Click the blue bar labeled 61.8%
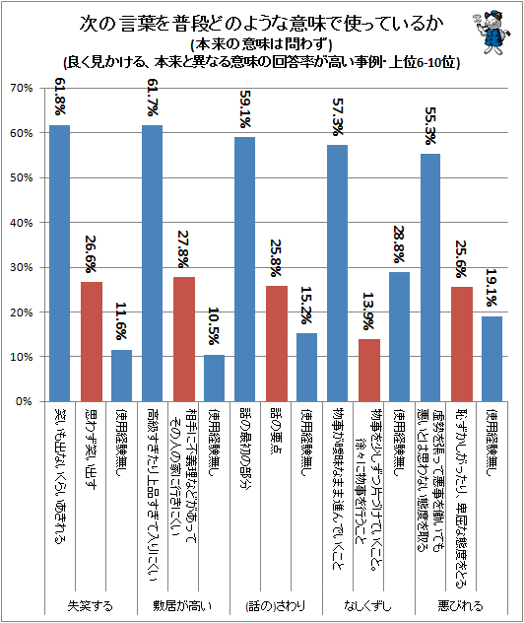[x=60, y=263]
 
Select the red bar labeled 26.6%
[x=91, y=341]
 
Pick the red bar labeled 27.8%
[x=183, y=339]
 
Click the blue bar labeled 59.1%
[x=244, y=269]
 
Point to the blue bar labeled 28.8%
[x=399, y=337]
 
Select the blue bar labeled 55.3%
[x=430, y=278]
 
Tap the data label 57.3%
[x=338, y=114]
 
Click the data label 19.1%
[x=492, y=286]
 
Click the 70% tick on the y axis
[x=22, y=88]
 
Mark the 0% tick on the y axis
[x=25, y=402]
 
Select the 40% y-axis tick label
[x=22, y=223]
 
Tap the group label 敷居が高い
[x=182, y=604]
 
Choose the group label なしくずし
[x=368, y=604]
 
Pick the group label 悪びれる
[x=460, y=604]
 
